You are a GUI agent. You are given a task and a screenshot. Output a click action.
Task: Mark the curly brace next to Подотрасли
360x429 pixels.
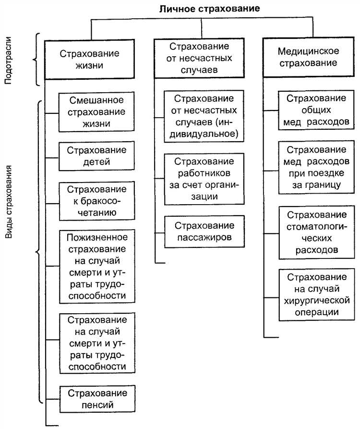36,60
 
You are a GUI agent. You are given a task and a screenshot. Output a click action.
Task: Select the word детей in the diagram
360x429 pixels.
97,161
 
